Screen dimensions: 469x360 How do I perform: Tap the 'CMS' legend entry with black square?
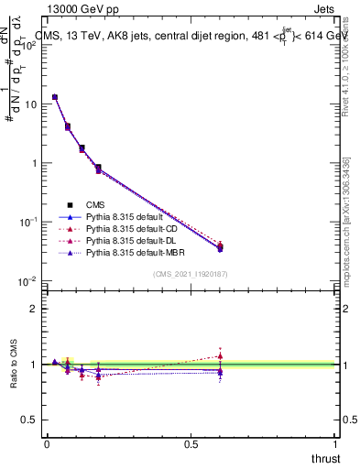point(95,204)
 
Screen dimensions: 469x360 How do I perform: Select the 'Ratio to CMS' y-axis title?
point(14,365)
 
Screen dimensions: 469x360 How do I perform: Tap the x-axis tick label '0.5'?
point(191,444)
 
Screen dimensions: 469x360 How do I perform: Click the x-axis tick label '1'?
point(335,444)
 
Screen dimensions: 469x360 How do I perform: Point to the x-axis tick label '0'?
point(47,444)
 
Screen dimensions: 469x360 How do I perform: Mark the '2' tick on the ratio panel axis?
point(35,309)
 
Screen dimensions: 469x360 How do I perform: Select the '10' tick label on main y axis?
point(30,104)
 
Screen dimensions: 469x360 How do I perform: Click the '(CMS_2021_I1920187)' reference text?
point(191,274)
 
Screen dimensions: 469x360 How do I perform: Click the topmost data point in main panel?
point(55,97)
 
